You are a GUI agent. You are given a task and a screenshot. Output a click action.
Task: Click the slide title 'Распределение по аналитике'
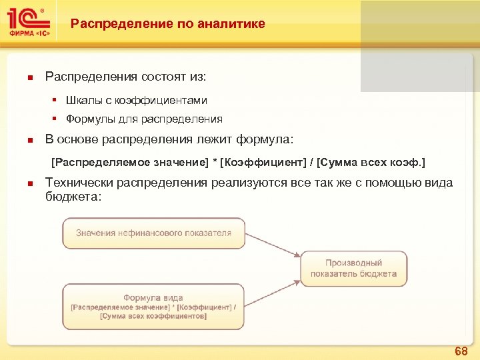[168, 24]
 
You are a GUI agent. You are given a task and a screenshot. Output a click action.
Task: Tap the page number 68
[461, 351]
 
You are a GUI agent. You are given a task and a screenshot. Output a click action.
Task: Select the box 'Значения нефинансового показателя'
[153, 233]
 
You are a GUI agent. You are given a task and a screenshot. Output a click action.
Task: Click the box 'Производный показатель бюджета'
[353, 269]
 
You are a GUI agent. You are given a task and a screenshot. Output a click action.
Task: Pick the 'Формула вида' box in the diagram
[153, 306]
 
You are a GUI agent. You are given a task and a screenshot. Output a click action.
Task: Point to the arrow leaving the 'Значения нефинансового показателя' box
[273, 245]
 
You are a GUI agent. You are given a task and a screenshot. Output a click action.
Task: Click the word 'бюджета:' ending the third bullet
[73, 196]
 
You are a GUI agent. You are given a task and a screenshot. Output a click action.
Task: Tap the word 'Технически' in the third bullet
[79, 183]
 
